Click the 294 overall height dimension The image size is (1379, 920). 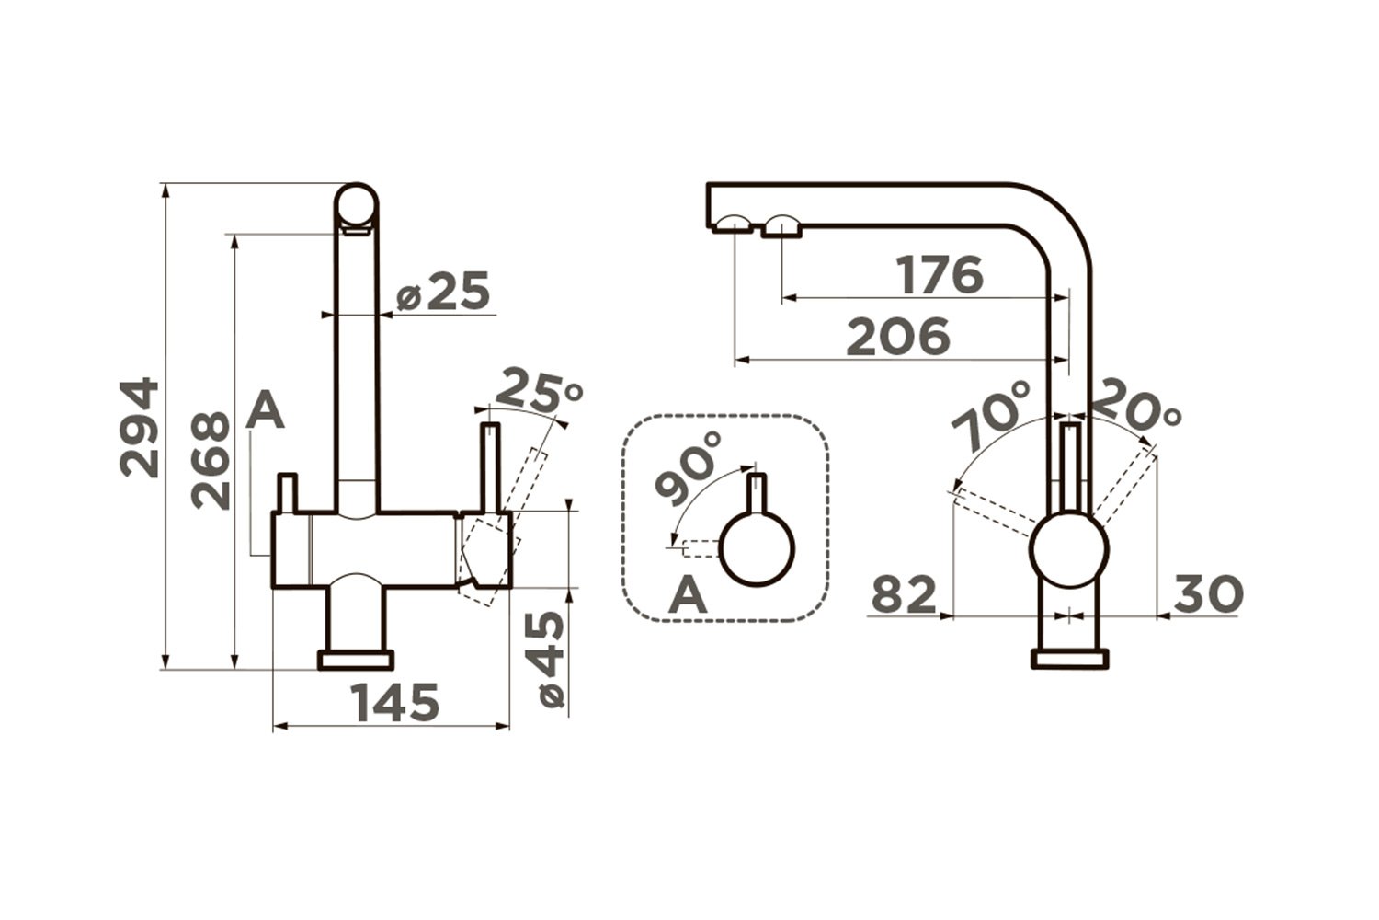click(140, 429)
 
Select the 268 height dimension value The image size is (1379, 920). click(211, 460)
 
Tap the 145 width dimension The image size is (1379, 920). click(394, 702)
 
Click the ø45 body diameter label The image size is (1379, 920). click(552, 660)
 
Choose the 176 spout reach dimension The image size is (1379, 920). click(940, 274)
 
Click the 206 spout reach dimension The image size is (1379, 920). click(898, 337)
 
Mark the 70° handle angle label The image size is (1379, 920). click(989, 414)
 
